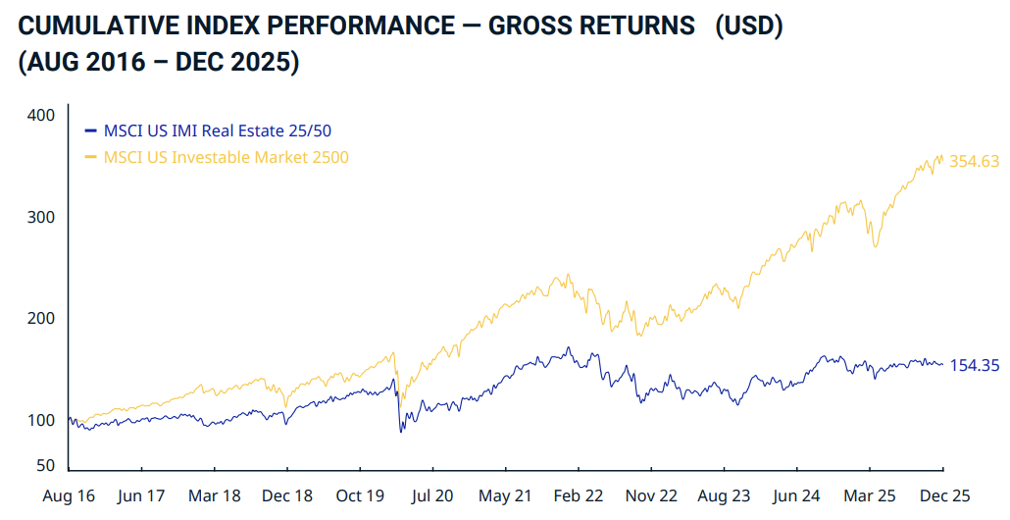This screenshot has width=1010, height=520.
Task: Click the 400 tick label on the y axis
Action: coord(41,116)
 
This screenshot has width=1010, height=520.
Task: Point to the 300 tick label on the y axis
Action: coord(41,217)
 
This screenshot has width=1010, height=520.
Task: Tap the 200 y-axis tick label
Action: coord(41,319)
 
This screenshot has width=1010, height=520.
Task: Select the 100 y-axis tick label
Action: coord(41,421)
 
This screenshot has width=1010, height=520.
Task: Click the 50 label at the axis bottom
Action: coord(45,466)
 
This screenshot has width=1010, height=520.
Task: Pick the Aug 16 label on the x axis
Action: coord(69,496)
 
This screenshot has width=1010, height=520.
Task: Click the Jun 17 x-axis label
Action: coord(141,496)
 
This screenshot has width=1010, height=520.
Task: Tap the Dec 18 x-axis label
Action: coord(287,496)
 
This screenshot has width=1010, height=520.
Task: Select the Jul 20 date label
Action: coord(432,496)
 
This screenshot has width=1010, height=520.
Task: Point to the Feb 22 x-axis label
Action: coord(579,496)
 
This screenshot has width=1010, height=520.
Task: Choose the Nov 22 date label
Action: coord(651,496)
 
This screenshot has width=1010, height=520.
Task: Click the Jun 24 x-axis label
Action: coord(797,496)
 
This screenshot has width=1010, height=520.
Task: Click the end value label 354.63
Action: coord(975,162)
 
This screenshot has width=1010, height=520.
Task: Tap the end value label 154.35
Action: coord(975,366)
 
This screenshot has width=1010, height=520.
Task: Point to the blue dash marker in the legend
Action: coord(91,130)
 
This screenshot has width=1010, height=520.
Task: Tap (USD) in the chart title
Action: coord(748,26)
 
